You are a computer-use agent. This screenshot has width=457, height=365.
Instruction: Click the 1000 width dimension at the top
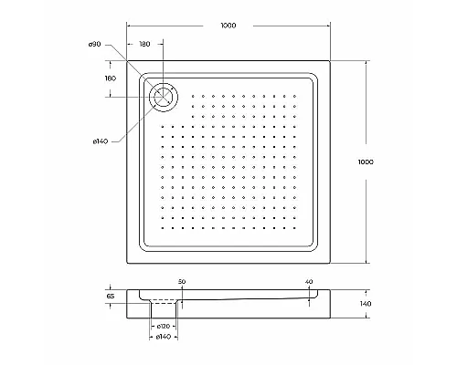(228, 26)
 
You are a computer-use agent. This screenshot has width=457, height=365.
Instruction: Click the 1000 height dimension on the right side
(365, 162)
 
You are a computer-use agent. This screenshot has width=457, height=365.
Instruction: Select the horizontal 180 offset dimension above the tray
(144, 45)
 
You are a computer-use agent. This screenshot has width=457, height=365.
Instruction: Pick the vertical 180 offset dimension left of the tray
(111, 78)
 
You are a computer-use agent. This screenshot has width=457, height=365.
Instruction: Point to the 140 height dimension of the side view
(365, 304)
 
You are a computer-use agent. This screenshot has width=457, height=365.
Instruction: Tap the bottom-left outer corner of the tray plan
(125, 265)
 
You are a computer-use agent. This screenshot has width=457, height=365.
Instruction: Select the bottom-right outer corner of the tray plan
(330, 265)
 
